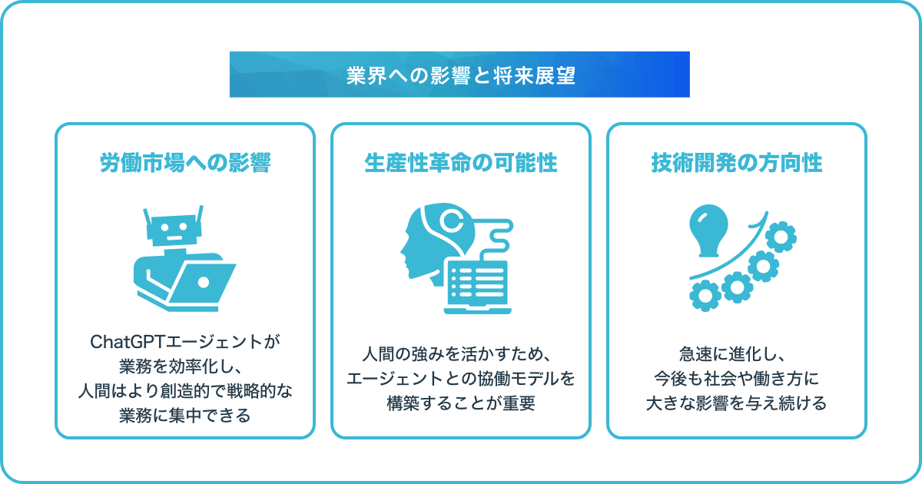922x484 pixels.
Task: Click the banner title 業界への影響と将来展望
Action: point(460,75)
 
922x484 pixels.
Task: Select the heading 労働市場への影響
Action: point(185,163)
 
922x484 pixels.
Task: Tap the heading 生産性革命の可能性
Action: point(461,163)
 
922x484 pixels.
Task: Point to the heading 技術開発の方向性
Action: point(737,163)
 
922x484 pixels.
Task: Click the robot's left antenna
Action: point(147,217)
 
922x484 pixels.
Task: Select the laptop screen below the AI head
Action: point(477,283)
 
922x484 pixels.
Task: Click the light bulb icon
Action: point(708,230)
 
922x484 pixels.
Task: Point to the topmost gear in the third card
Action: point(781,237)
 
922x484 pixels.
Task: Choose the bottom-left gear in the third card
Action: point(705,296)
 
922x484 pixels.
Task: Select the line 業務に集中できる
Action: point(185,416)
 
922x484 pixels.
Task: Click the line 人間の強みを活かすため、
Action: point(456,354)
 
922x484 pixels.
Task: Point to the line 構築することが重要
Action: point(461,403)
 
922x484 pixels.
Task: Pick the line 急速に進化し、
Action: point(732,354)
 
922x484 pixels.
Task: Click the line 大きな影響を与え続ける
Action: point(736,403)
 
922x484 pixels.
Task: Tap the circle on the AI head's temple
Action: point(452,220)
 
